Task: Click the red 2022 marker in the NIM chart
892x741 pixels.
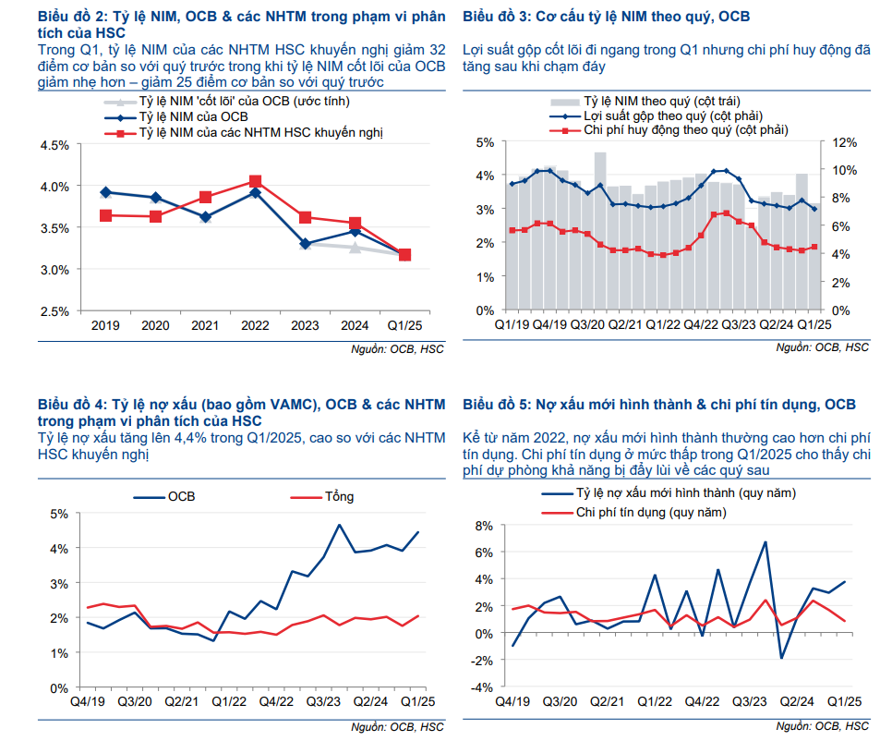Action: click(x=256, y=182)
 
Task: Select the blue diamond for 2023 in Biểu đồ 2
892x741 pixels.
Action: click(x=306, y=244)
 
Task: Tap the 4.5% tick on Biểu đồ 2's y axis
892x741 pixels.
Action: click(x=55, y=145)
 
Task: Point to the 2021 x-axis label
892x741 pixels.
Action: click(x=205, y=325)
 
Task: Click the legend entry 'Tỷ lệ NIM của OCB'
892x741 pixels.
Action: click(x=193, y=116)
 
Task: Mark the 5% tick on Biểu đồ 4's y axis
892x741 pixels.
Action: click(x=58, y=514)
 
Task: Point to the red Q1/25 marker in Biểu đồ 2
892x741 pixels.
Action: click(x=404, y=255)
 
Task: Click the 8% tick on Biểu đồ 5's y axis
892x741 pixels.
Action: click(x=487, y=526)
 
